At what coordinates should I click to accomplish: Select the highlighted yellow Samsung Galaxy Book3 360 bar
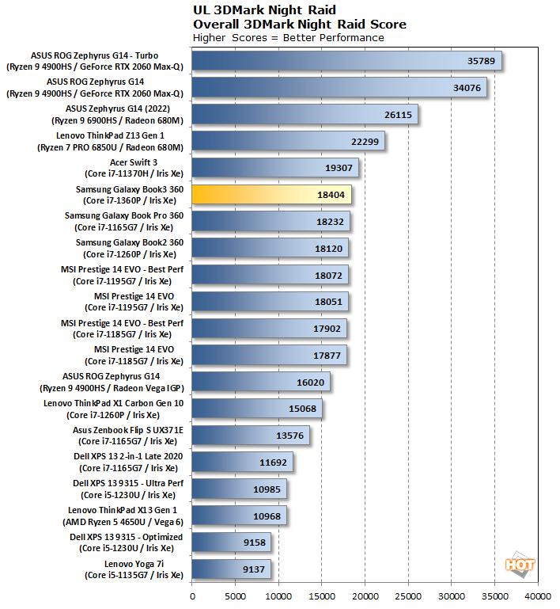coord(271,195)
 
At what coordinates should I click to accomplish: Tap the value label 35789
coord(482,61)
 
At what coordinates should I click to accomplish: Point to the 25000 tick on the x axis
coord(408,595)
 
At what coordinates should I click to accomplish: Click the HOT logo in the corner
coord(520,565)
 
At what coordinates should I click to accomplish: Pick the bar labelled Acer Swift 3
coord(274,168)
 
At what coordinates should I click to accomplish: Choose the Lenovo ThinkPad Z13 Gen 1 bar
coord(288,141)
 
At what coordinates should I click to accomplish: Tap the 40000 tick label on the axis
coord(538,595)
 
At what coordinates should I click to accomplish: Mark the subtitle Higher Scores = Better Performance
coord(289,37)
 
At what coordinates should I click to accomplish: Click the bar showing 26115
coord(305,114)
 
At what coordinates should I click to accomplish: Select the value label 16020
coord(312,382)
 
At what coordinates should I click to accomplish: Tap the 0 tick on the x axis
coord(192,595)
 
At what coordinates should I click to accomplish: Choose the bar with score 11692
coord(242,462)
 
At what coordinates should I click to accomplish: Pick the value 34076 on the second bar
coord(467,88)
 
